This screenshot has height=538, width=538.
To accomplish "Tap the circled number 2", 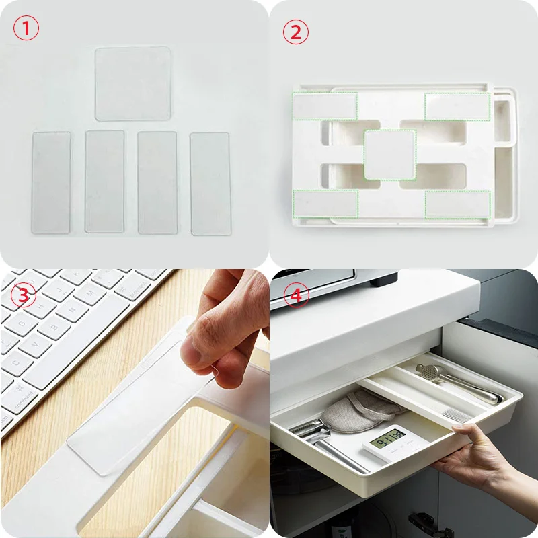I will coord(295,32).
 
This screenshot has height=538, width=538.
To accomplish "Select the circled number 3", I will coord(24,296).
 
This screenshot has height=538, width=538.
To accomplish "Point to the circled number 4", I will coord(295,297).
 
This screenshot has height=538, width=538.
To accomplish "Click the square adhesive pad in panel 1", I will coord(132,83).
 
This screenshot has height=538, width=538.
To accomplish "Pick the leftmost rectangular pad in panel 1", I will coord(51,182).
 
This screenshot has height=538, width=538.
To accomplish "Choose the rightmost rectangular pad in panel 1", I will coord(210,184).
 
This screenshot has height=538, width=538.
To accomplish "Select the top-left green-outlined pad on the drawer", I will coord(324,106).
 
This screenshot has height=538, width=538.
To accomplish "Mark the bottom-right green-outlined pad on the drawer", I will coord(457,204).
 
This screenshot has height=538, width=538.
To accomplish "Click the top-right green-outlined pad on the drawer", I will coord(457,106).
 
